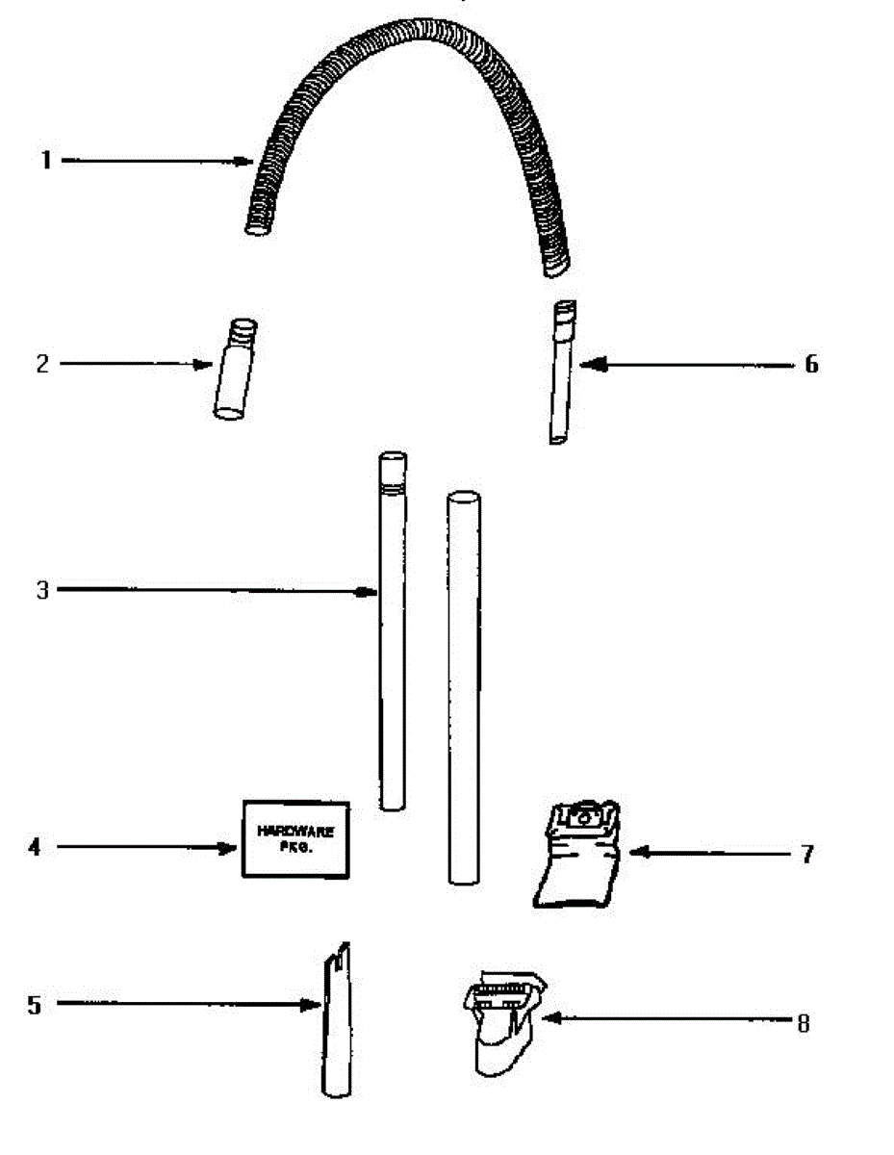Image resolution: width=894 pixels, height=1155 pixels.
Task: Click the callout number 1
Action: coord(45,161)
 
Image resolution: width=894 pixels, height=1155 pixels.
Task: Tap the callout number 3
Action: coord(41,590)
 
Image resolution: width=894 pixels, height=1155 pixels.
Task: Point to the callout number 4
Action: coord(36,848)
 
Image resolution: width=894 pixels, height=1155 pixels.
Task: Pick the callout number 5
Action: coord(35,1005)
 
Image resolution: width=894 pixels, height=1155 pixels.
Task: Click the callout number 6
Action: coord(810,364)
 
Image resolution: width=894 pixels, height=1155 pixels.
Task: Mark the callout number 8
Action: coord(803,1022)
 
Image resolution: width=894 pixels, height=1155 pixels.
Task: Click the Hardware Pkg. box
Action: coord(294,837)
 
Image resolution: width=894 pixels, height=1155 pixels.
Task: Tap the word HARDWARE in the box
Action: coord(294,831)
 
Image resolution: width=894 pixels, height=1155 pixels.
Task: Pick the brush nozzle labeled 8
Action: coord(500,1022)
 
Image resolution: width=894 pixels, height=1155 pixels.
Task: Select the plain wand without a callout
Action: coord(463,688)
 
